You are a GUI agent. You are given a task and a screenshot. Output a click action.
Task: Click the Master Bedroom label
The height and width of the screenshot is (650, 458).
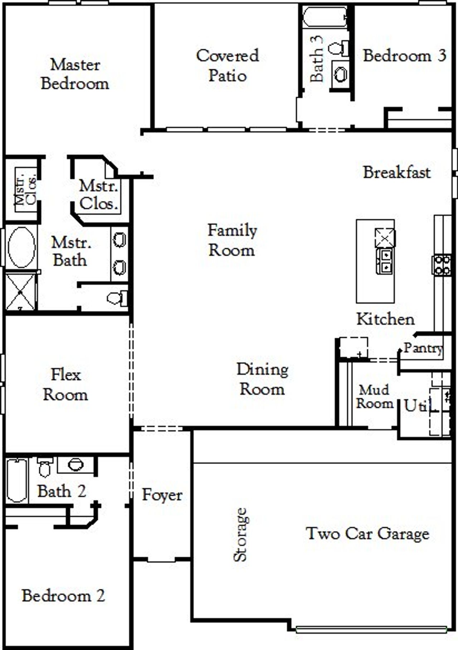75,74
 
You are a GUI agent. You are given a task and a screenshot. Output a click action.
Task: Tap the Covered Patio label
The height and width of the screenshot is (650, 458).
228,65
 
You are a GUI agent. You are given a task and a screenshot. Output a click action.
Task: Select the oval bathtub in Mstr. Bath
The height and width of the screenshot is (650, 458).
21,247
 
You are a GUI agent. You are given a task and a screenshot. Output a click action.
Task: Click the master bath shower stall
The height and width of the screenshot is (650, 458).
20,292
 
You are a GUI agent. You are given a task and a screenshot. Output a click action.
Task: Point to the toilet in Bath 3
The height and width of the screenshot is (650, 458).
338,48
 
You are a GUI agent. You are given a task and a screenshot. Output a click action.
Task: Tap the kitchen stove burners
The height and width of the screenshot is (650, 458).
442,265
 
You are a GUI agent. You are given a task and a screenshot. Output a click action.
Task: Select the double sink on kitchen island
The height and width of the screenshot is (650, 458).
386,261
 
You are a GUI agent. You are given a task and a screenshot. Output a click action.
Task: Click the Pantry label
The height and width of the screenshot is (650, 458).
423,348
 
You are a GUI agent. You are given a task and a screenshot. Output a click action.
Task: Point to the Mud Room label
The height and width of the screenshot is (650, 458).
374,396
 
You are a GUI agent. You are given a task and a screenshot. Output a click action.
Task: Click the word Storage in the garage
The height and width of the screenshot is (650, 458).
240,534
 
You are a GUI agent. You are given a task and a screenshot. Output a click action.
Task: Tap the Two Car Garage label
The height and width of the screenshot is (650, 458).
367,533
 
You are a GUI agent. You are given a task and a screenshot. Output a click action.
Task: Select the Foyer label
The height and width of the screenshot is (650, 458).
162,495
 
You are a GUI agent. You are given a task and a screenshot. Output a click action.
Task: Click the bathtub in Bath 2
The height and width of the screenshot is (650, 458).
16,480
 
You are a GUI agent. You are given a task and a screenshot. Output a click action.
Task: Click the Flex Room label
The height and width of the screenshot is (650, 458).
65,385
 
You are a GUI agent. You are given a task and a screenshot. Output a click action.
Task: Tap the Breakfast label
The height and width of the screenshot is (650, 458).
396,172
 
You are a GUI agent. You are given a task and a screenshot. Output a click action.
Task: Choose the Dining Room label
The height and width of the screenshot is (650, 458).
262,379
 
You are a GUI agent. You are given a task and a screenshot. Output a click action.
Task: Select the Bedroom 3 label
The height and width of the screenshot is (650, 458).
404,56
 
